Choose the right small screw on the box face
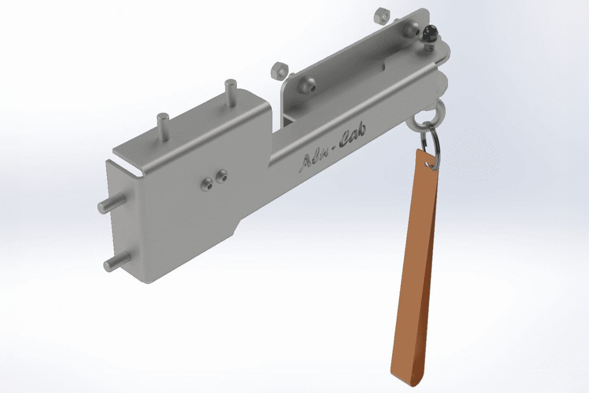[222, 176]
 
